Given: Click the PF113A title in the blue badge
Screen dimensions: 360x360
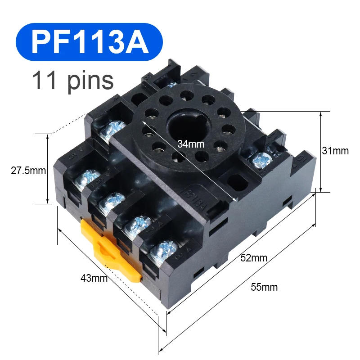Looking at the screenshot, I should [x=90, y=42].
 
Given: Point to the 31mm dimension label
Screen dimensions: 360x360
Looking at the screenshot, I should [x=335, y=151].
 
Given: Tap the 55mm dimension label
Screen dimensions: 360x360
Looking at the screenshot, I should [x=264, y=287].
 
